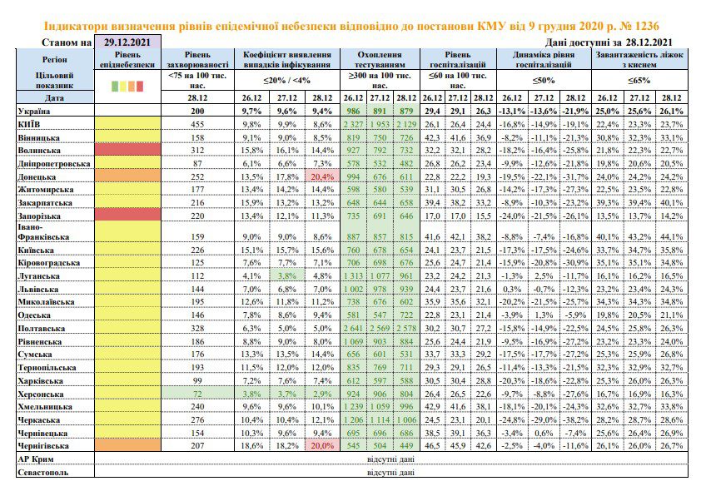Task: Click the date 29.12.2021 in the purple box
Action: (x=127, y=42)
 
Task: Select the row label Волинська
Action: (x=39, y=151)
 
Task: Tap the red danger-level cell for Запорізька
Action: (x=128, y=216)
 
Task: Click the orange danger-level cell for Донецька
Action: (x=128, y=176)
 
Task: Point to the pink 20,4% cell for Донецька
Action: (x=322, y=176)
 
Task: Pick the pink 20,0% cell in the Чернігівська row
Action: (x=322, y=445)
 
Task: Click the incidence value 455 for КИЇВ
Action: (x=197, y=124)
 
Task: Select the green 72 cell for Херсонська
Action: (x=197, y=394)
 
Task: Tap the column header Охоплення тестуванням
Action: (x=380, y=59)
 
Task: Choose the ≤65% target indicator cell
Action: (x=639, y=81)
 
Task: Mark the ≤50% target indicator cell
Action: (x=544, y=81)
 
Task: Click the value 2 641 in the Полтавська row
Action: (x=353, y=328)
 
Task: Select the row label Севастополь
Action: (x=43, y=473)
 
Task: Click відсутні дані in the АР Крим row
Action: (x=390, y=459)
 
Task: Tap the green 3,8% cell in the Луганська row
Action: (x=286, y=275)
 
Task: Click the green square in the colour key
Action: (x=115, y=86)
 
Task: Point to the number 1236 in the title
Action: (x=645, y=26)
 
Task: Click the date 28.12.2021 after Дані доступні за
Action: (x=649, y=42)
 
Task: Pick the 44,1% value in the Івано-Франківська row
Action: (x=671, y=236)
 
